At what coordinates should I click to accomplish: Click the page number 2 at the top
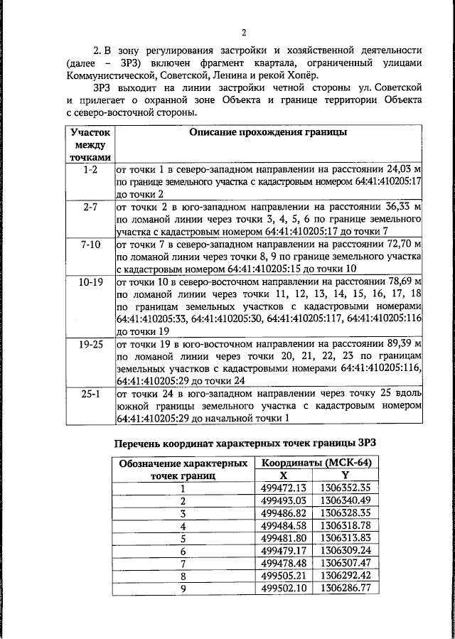point(243,33)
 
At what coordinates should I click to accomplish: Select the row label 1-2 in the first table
point(90,171)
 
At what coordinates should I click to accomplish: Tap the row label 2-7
point(90,207)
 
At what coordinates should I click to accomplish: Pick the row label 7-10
point(90,244)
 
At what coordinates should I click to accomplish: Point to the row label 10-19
point(90,281)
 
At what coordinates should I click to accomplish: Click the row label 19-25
point(90,343)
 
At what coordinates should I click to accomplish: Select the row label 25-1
point(90,392)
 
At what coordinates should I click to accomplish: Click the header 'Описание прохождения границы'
point(267,133)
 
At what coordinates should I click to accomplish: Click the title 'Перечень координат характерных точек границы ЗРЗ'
point(245,443)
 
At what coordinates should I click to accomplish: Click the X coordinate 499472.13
point(283,488)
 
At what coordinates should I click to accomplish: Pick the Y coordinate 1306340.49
point(345,500)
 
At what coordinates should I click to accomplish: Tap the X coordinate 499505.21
point(283,576)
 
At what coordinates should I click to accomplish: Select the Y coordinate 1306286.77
point(345,589)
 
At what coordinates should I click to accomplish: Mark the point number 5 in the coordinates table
point(183,538)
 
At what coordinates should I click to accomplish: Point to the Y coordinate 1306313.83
point(345,538)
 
